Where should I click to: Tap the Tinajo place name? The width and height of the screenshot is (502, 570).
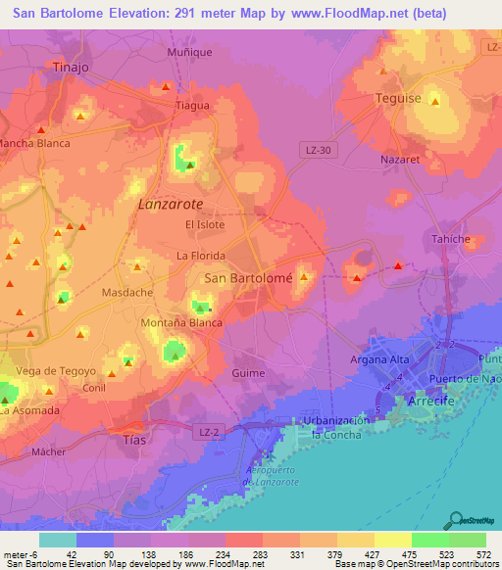pos(71,68)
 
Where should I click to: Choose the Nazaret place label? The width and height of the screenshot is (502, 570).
pos(399,158)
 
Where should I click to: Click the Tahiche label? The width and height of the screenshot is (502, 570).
pos(451,239)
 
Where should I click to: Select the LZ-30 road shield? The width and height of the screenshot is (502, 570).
pos(314,148)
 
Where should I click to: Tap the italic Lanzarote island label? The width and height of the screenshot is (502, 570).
pos(171,205)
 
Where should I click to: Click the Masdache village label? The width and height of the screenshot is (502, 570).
pos(127,293)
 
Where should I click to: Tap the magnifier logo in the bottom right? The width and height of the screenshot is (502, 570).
pos(457,520)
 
